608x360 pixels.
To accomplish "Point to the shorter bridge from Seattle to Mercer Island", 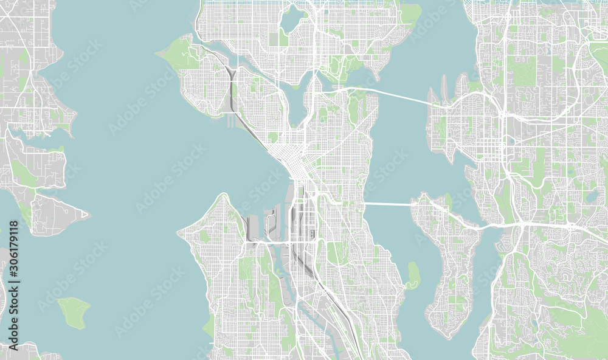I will [389, 204].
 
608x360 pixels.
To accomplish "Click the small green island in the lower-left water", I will [74, 312].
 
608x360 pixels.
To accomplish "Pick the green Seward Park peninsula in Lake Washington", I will [413, 275].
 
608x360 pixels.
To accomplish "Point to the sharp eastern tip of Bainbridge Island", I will [86, 213].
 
